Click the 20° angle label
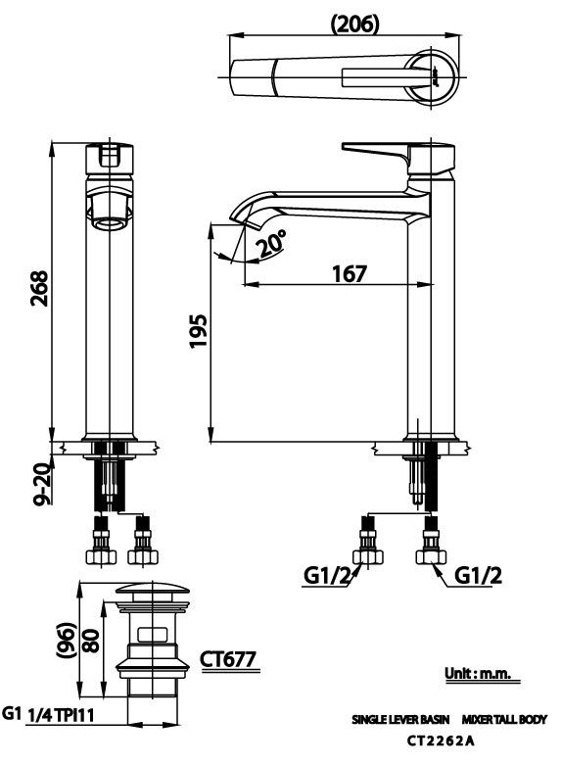tap(272, 243)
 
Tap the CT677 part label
tap(228, 660)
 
